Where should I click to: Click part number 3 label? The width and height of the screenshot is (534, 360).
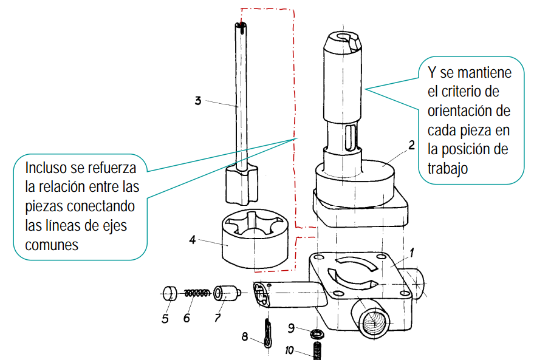198,101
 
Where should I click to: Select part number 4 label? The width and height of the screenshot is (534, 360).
193,240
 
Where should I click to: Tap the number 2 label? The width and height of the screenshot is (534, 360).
412,145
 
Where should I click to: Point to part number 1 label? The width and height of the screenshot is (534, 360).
411,253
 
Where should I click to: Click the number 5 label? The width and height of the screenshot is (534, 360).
165,319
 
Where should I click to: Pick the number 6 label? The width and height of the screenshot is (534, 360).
187,318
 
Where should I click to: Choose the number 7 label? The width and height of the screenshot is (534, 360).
217,318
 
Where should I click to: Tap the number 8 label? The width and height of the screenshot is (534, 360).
245,337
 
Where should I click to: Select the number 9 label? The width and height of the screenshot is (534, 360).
291,328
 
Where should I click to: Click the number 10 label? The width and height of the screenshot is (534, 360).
289,350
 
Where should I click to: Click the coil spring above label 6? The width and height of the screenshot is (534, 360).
197,293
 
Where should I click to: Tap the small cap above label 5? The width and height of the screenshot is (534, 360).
170,293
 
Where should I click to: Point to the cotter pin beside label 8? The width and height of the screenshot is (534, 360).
269,333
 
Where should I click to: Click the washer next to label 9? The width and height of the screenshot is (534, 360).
317,333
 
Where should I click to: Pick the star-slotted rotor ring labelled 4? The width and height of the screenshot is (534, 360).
255,238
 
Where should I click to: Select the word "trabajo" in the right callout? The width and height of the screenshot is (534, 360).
448,169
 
